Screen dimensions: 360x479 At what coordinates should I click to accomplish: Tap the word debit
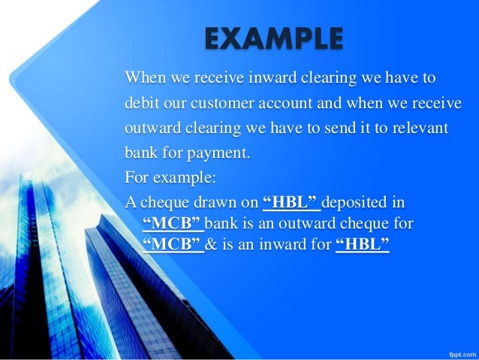point(142,103)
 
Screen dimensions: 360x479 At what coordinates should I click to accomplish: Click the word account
point(285,103)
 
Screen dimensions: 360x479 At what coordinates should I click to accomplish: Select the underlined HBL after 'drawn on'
point(293,203)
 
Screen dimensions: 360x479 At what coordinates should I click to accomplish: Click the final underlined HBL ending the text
point(363,244)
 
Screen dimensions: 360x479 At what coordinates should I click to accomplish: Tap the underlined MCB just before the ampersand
point(173,244)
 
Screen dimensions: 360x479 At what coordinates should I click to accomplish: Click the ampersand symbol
point(212,244)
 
